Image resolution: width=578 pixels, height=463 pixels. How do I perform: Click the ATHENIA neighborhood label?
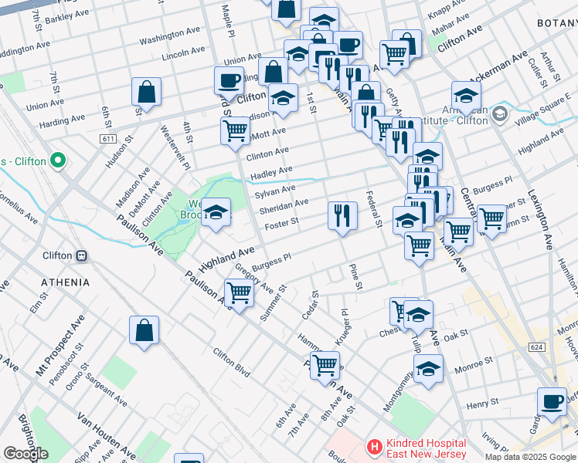click(x=66, y=282)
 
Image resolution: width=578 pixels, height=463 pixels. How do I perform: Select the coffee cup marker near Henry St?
click(x=552, y=401)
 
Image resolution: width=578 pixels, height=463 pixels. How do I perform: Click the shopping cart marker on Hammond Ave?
click(x=325, y=363)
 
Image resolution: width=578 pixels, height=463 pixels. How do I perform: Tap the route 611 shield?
click(x=107, y=138)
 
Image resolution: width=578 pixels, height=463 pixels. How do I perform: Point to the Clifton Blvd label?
click(x=231, y=363)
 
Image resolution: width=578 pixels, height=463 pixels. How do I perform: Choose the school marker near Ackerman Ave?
click(x=466, y=96)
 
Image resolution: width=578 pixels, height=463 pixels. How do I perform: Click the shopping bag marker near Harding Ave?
click(x=145, y=92)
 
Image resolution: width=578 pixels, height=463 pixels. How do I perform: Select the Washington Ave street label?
click(x=171, y=35)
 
